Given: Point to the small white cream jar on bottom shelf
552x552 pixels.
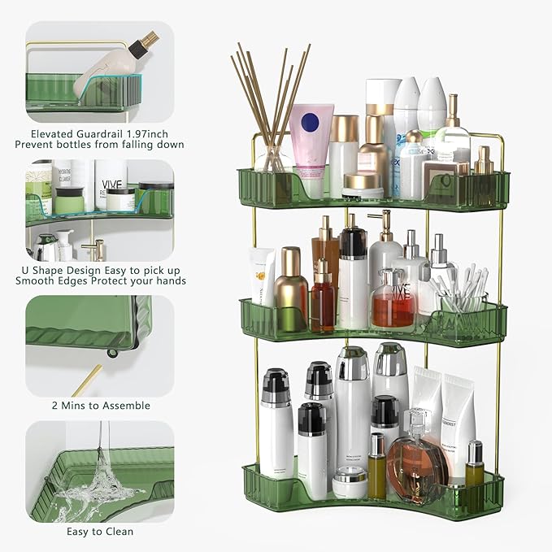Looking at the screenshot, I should [x=350, y=484].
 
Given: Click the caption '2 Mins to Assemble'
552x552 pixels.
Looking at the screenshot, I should [x=100, y=405].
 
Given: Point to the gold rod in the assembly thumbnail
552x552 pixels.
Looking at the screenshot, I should [x=87, y=380].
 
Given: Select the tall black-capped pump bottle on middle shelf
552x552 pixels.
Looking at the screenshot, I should [x=353, y=276].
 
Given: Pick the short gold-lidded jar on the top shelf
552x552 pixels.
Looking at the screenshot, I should [x=363, y=185].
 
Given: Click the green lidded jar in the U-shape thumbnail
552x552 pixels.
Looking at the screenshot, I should [x=68, y=198].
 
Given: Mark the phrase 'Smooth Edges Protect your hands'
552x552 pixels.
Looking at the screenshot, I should [x=100, y=280].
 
